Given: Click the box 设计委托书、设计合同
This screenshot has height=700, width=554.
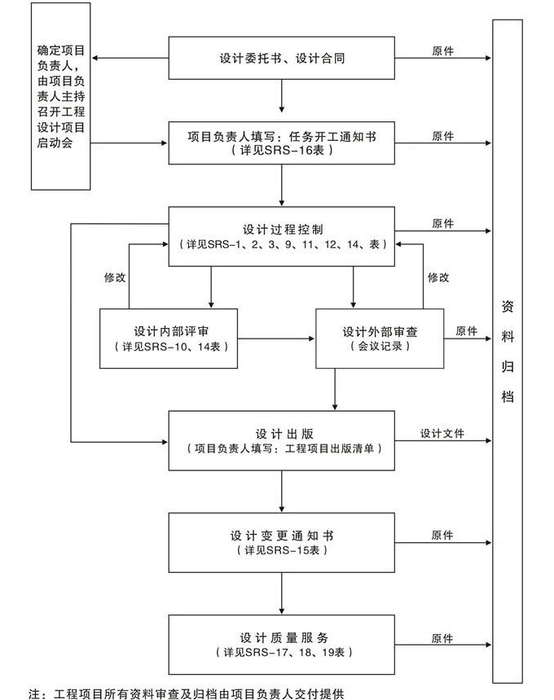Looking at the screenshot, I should [x=281, y=59].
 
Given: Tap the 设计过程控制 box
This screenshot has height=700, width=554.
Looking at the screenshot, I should [x=281, y=236].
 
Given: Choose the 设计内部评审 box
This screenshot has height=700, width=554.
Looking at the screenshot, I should [x=168, y=339].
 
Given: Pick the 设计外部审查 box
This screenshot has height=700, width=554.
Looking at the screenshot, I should [x=380, y=339].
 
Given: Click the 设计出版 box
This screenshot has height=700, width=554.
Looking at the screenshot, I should [x=281, y=440].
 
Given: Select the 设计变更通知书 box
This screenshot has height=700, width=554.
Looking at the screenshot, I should [x=281, y=542].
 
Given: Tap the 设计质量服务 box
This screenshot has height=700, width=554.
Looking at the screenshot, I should [x=281, y=644].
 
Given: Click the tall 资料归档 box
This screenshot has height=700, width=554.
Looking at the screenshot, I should [x=508, y=350].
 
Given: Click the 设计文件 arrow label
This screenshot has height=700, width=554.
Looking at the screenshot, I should [x=442, y=434].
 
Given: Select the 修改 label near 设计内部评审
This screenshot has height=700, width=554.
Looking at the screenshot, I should [x=115, y=277].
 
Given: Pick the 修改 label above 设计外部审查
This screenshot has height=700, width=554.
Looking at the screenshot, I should [x=438, y=277].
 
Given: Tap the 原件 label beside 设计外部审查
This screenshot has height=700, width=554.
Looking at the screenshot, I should [x=467, y=331].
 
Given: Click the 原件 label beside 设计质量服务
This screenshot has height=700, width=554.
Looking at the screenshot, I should [x=442, y=638].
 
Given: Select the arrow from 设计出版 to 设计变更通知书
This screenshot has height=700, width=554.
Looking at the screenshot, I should [x=281, y=491].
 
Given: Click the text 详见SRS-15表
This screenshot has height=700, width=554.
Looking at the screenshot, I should [x=281, y=551].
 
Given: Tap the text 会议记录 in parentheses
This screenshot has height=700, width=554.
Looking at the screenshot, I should [x=380, y=346].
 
